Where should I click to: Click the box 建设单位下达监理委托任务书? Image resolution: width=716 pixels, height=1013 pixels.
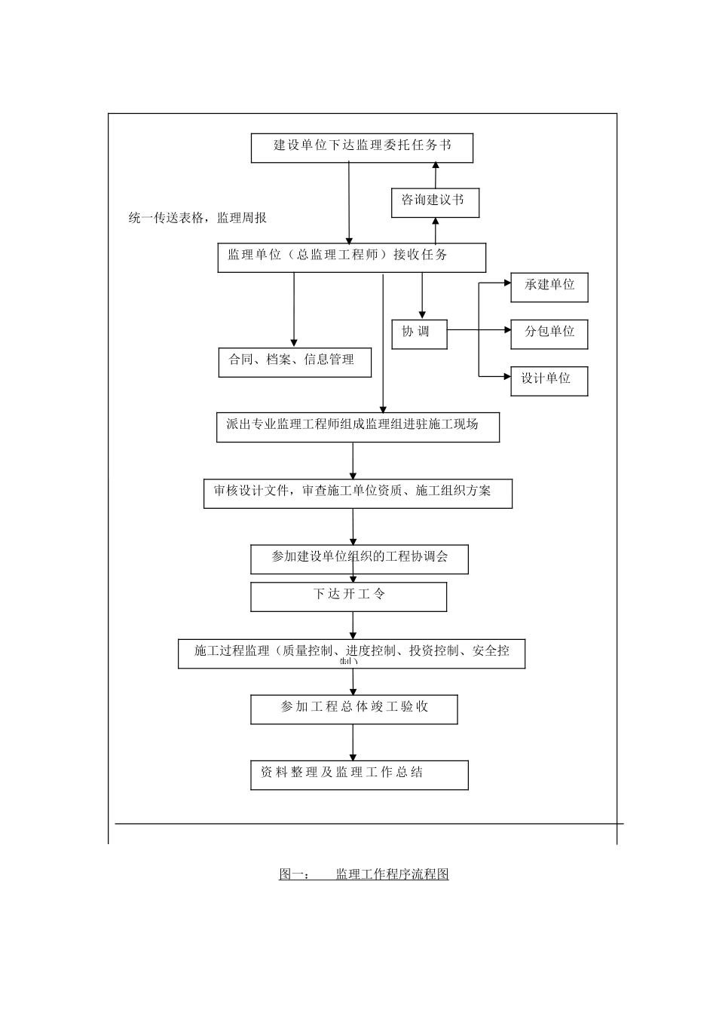[x=362, y=148]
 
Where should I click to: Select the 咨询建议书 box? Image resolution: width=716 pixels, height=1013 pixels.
[x=435, y=203]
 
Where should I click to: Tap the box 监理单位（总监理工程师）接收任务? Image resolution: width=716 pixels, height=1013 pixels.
[x=351, y=258]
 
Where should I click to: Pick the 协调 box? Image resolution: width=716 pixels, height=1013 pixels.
[x=419, y=334]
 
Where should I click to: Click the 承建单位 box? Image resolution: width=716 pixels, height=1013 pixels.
[x=549, y=287]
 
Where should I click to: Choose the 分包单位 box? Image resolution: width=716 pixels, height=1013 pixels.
[x=549, y=334]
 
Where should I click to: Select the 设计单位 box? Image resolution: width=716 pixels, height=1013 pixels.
[x=549, y=381]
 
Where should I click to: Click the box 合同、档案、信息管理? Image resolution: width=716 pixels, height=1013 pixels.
[x=294, y=362]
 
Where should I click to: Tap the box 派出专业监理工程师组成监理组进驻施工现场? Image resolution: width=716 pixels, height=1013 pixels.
[x=358, y=427]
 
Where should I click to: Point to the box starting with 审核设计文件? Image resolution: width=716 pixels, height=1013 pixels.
[x=358, y=494]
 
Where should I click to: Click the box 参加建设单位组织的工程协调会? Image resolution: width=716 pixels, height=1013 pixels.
[x=360, y=559]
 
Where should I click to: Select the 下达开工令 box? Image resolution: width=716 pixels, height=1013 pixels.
[x=348, y=597]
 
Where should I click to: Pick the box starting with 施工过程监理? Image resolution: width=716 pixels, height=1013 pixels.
[x=351, y=653]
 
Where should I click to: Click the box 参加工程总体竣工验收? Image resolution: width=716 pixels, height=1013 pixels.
[x=353, y=709]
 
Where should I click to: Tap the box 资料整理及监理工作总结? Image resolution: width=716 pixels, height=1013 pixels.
[x=359, y=775]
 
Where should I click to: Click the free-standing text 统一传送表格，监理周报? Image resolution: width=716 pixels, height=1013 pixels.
[x=197, y=219]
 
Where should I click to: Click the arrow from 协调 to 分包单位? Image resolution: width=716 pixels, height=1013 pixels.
[x=479, y=329]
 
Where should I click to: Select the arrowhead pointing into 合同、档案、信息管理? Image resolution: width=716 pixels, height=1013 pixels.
[x=294, y=343]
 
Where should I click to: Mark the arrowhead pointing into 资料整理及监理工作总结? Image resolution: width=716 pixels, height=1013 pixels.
[x=353, y=756]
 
